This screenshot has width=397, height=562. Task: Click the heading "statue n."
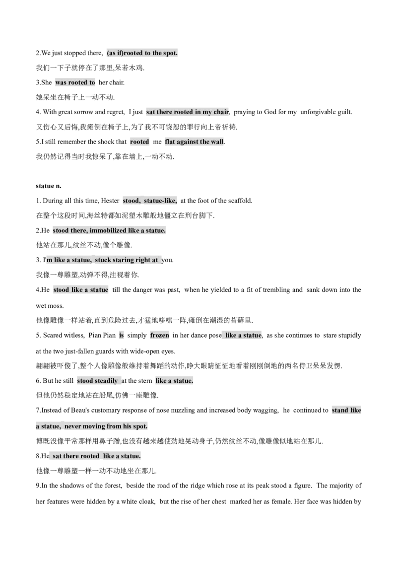[x=48, y=186]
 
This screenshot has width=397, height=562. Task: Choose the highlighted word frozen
[x=159, y=336]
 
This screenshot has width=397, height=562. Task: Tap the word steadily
[x=107, y=381]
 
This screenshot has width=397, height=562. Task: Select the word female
[x=282, y=501]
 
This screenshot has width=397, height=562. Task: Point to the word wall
[x=217, y=141]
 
